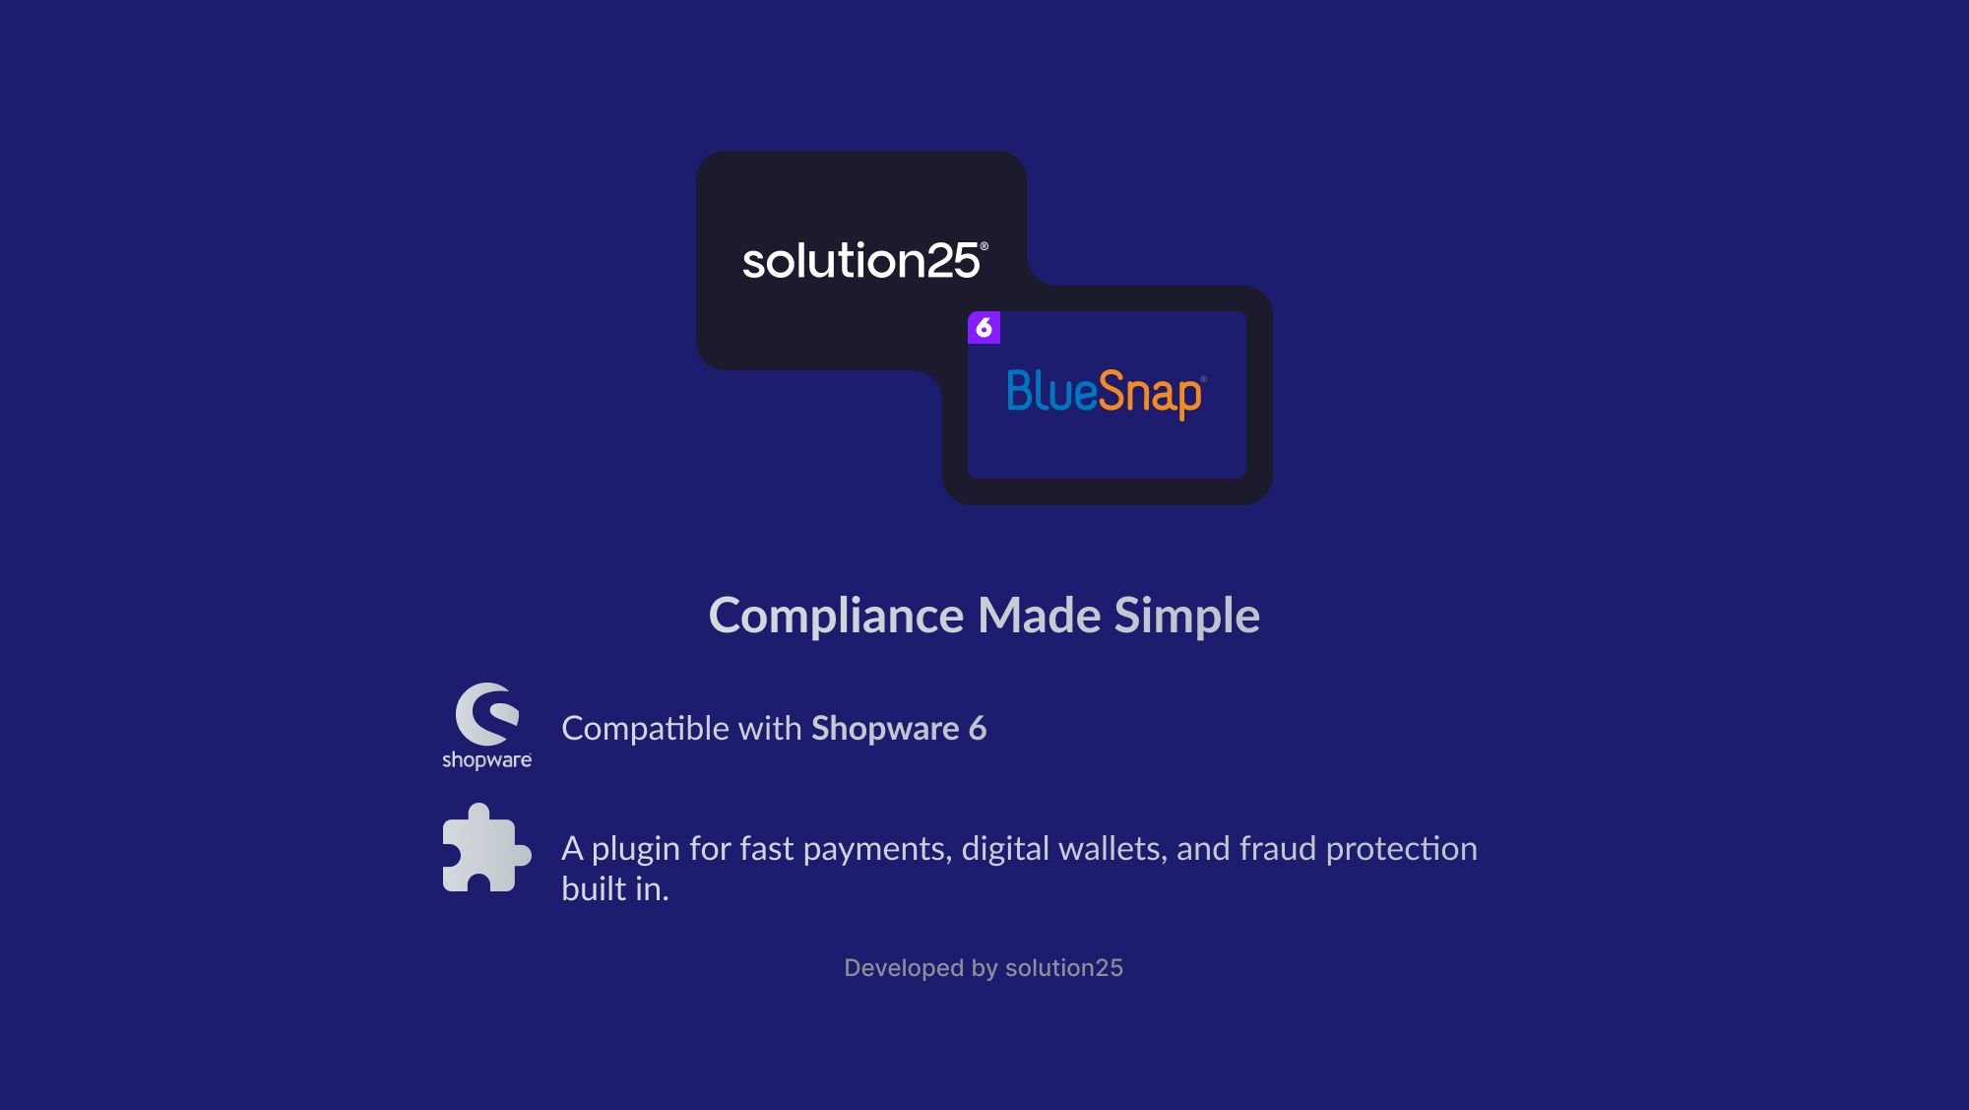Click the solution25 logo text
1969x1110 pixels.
tap(864, 261)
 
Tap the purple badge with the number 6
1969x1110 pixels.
tap(984, 327)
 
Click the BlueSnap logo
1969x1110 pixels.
tap(1106, 393)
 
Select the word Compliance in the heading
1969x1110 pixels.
tap(836, 617)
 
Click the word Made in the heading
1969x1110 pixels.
tap(1039, 616)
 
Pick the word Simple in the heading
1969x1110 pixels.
tap(1187, 618)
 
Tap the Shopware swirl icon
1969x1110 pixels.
tap(487, 714)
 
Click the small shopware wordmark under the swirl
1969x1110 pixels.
tap(486, 760)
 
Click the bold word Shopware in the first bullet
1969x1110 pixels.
tap(885, 730)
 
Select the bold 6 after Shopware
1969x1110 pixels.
tap(978, 729)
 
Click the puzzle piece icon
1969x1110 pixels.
tap(487, 848)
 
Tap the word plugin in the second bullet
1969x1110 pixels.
tap(636, 850)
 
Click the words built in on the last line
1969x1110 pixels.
tap(615, 888)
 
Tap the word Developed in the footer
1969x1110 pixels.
tap(904, 968)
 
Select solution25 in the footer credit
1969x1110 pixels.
tap(1064, 968)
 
